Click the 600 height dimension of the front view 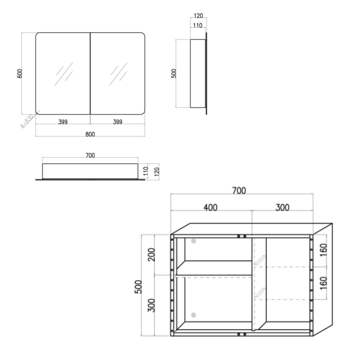(19, 73)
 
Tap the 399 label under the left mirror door (63, 122)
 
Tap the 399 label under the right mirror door (117, 122)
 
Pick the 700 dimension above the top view (90, 155)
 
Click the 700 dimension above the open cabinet (239, 190)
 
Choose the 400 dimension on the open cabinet (210, 207)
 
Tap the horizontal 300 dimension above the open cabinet (282, 207)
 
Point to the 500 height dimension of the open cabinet (138, 287)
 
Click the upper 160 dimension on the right (323, 250)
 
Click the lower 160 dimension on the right (323, 283)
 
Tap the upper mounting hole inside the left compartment (193, 241)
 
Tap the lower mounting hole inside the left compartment (193, 315)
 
